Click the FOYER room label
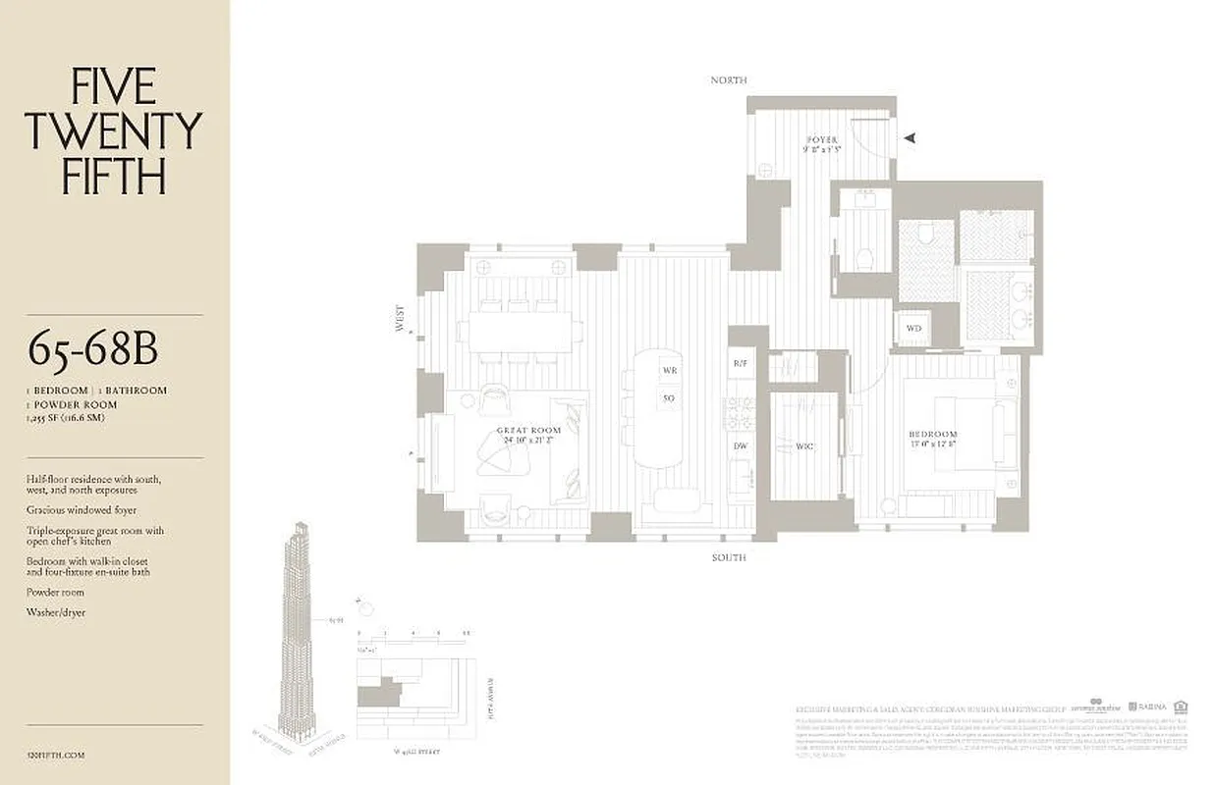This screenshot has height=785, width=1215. pos(821,140)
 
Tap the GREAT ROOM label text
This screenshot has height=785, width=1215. pos(528,431)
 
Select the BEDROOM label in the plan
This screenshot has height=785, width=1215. pos(933,434)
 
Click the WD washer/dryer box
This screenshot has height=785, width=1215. pos(913,328)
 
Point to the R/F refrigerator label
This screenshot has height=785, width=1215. pos(740,363)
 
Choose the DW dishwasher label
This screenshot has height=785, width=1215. pos(740,445)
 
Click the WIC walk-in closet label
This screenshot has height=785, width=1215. pos(804,446)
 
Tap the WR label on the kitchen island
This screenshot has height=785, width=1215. pos(669,371)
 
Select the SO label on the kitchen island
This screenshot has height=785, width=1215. pos(669,398)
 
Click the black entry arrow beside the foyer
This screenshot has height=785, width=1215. pos(910,138)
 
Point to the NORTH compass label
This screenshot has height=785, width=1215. pos(729,79)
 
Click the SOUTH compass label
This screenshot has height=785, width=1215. pos(729,557)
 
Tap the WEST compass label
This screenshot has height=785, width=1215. pos(400,319)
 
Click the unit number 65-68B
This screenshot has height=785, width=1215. pos(93,349)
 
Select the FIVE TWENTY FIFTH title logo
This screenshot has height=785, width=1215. pos(114,131)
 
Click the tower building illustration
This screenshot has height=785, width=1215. pos(299,628)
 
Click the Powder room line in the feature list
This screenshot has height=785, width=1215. pos(56,593)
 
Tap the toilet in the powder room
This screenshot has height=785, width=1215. pos(863,259)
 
